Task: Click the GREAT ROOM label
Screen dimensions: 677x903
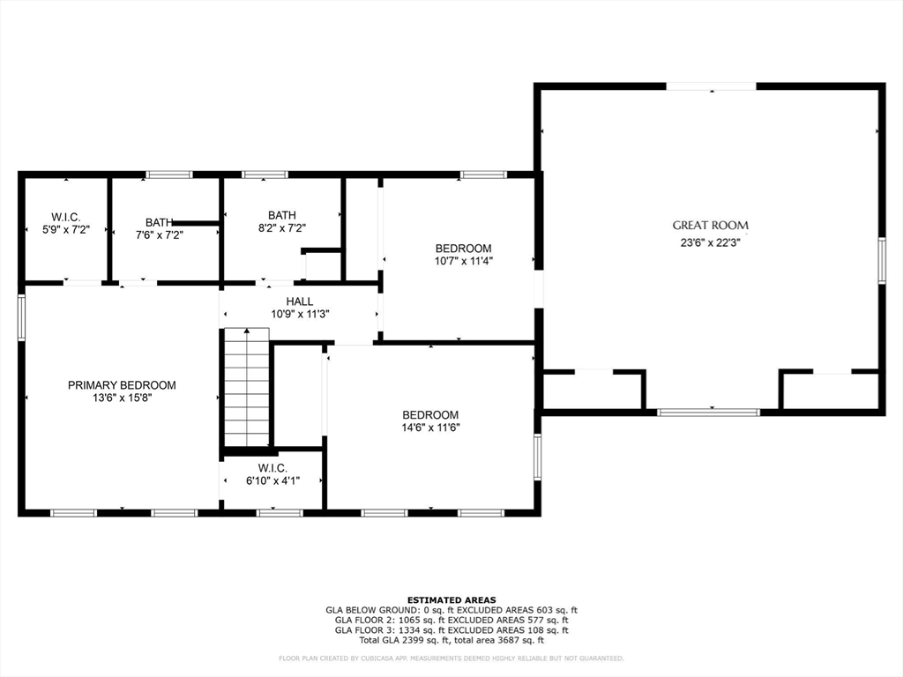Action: (710, 226)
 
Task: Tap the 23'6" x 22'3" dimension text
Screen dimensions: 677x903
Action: (710, 242)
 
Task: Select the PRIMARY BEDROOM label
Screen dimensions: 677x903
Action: (122, 385)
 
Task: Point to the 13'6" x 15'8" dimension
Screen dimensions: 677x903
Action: (122, 398)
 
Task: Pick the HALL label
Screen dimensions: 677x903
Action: (299, 301)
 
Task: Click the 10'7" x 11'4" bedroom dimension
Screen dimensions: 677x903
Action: (463, 261)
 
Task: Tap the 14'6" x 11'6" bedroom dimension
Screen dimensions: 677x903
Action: (430, 428)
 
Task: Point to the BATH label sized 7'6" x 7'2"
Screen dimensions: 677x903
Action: (159, 223)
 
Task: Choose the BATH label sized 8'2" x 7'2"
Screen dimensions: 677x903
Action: (282, 215)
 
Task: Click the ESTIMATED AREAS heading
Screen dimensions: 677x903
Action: (451, 599)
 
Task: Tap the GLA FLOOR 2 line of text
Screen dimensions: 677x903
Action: (451, 620)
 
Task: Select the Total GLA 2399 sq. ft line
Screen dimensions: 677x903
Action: (451, 640)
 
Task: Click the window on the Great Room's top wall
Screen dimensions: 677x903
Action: (711, 86)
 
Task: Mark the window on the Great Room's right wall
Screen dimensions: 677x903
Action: (880, 261)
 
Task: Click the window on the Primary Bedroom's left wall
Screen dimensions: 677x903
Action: (22, 317)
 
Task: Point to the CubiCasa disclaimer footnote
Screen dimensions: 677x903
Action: (451, 658)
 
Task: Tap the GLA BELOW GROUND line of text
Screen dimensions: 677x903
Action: (451, 610)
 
